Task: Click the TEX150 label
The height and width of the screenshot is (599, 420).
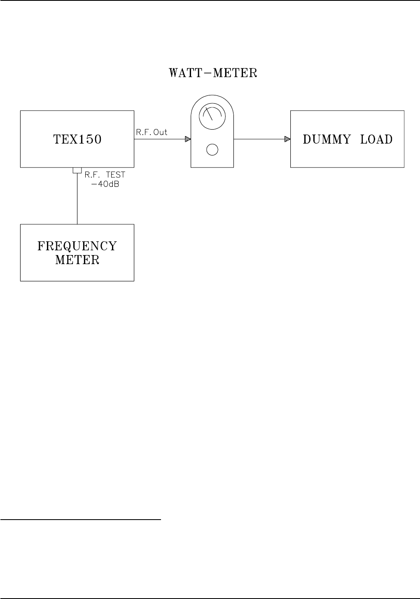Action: click(x=77, y=139)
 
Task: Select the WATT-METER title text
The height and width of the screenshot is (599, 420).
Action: click(x=213, y=73)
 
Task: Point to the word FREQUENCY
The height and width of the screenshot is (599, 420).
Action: click(x=77, y=246)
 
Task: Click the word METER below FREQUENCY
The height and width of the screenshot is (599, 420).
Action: click(x=77, y=260)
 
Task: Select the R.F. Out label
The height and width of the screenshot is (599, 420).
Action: click(x=152, y=132)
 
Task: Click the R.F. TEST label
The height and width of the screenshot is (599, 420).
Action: click(x=104, y=175)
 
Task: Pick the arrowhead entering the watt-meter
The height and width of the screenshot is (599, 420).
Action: click(x=188, y=139)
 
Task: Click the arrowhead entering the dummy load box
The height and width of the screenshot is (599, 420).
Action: click(x=287, y=139)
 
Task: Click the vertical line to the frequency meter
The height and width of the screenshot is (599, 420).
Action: click(x=77, y=200)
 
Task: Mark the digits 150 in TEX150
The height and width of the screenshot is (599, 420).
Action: click(x=89, y=139)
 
